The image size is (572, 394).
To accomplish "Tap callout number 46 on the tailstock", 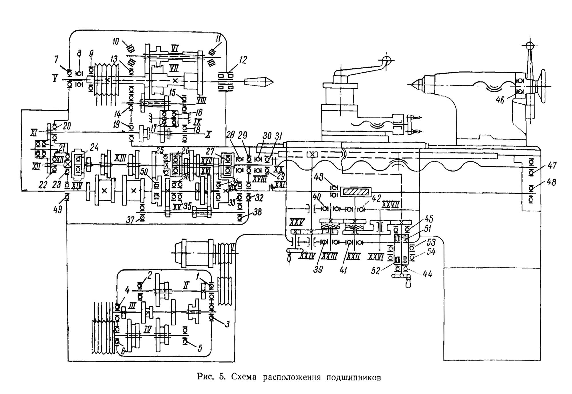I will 500,100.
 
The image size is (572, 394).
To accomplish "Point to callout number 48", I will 551,182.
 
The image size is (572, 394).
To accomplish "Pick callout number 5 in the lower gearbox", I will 200,348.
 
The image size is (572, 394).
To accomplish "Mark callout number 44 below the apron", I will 427,274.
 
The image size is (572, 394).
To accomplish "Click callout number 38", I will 258,212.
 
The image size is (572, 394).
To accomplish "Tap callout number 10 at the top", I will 116,42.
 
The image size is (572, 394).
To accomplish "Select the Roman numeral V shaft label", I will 55,78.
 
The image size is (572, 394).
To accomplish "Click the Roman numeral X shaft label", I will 208,135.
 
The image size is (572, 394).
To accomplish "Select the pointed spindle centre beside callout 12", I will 259,82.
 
